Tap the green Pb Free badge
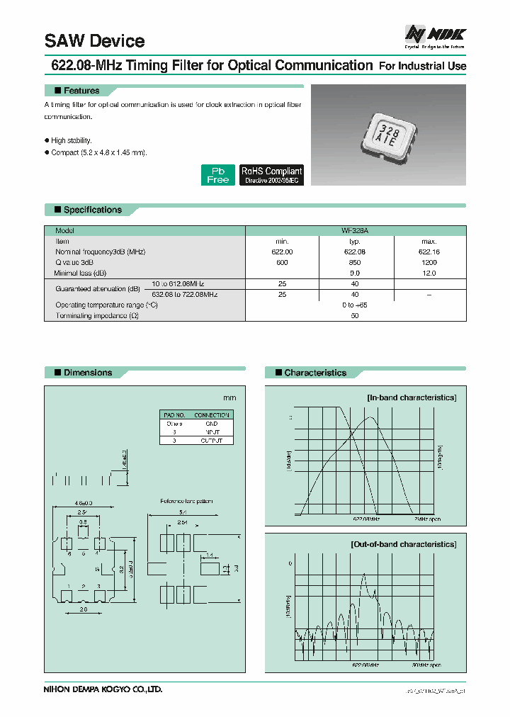217,175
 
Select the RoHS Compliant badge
271,175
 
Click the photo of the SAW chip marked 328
389,135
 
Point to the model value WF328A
355,231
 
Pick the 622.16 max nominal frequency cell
429,252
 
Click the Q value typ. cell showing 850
355,262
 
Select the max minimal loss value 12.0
429,273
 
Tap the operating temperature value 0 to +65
355,305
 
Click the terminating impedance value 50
355,315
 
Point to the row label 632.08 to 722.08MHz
183,294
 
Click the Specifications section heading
92,210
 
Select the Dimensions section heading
87,373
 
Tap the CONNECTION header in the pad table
211,415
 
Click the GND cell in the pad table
211,424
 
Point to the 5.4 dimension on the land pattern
183,512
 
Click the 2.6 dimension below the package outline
83,609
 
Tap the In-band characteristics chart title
411,398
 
